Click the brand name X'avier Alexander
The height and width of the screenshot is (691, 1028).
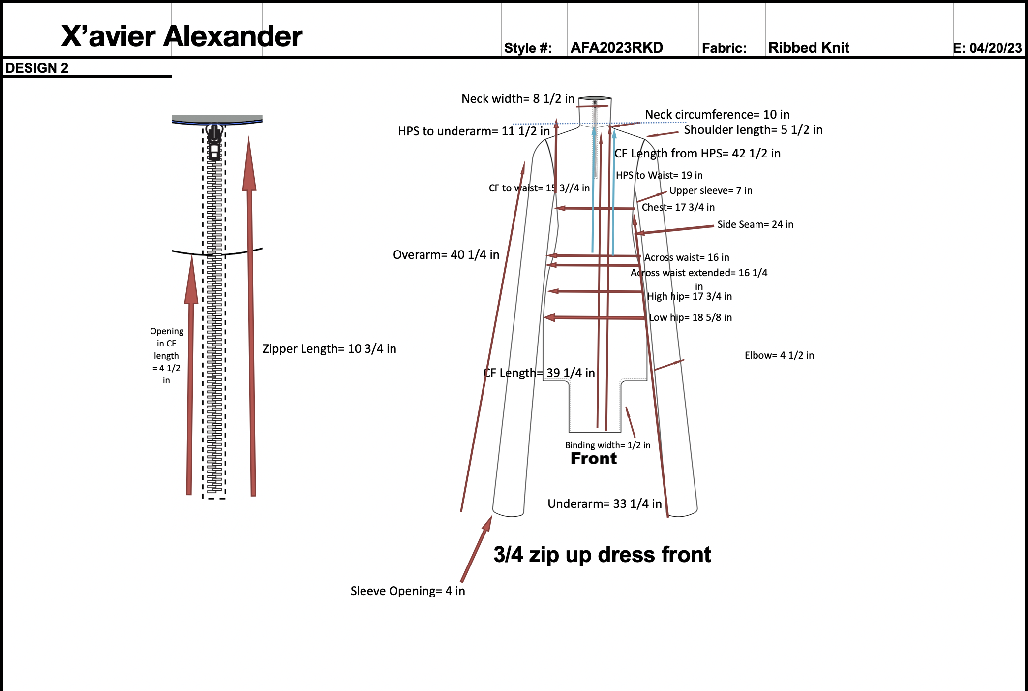tap(181, 36)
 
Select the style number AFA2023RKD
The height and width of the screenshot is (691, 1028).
tap(616, 48)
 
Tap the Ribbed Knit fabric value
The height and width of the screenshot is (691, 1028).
tap(809, 48)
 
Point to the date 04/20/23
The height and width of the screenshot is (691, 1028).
tap(996, 48)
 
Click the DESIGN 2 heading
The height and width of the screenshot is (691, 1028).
tap(37, 68)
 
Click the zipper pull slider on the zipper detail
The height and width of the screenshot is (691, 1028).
tap(214, 143)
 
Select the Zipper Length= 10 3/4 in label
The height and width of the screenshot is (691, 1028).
tap(329, 349)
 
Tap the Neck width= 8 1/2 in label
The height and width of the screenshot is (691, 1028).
tap(517, 99)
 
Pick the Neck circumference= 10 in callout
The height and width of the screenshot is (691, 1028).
tap(717, 115)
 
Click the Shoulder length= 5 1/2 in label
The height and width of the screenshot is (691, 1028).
tap(753, 130)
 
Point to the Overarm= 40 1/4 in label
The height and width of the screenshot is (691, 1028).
tap(446, 255)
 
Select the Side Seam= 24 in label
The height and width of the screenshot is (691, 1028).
tap(755, 224)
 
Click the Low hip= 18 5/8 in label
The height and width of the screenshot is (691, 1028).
tap(690, 317)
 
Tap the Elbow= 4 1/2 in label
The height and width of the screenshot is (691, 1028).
tap(779, 355)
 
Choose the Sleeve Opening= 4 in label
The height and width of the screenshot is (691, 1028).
tap(407, 591)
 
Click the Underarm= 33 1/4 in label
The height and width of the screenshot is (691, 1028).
tap(605, 504)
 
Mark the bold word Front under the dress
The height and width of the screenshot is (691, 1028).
tap(594, 459)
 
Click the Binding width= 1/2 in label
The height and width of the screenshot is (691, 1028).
tap(607, 445)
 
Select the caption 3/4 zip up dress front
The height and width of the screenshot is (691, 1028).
tap(602, 555)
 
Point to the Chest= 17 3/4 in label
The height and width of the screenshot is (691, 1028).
tap(678, 207)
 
